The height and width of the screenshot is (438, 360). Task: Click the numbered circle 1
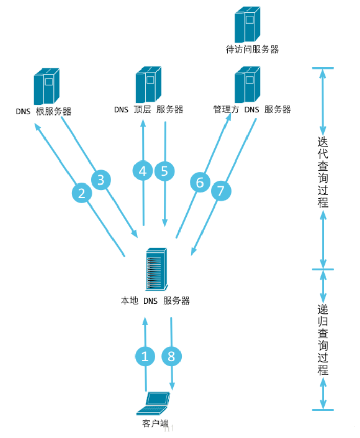(x=145, y=356)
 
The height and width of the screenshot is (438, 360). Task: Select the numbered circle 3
(x=101, y=180)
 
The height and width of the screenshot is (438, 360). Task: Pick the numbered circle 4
(x=143, y=172)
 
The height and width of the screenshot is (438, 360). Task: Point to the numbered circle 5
(x=164, y=172)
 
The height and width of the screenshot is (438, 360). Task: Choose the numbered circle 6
(x=200, y=182)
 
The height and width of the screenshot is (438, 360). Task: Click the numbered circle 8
(x=171, y=356)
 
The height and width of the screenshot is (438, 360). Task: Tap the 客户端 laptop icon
(x=154, y=404)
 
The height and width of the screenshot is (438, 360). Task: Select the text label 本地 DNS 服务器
(x=154, y=301)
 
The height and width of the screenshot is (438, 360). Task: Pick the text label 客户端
(x=154, y=424)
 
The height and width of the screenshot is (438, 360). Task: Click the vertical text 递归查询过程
(x=323, y=340)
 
